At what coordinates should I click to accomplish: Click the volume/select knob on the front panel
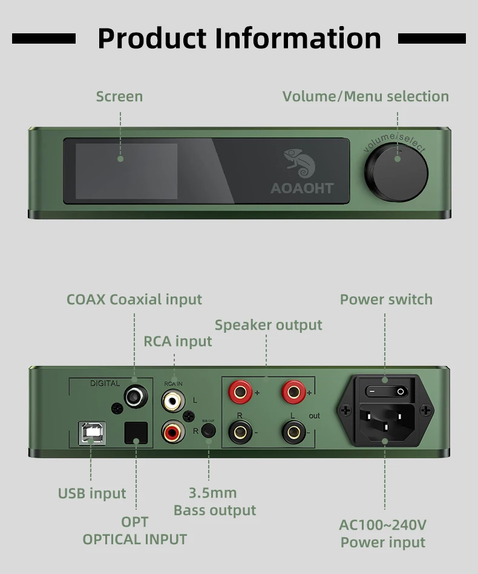(400, 173)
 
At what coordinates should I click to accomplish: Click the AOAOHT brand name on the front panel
(302, 189)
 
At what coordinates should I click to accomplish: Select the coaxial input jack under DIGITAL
(134, 396)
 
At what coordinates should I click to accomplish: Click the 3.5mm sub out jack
(209, 432)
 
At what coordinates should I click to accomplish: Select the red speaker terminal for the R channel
(240, 392)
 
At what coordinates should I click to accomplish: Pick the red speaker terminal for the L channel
(293, 392)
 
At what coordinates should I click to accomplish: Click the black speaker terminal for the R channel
(240, 432)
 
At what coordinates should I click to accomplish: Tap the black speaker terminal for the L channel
(293, 432)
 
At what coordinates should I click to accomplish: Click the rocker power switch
(386, 392)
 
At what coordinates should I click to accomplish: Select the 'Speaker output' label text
(269, 325)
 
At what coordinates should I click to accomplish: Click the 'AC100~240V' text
(383, 525)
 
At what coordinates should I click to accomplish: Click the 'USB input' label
(92, 493)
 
